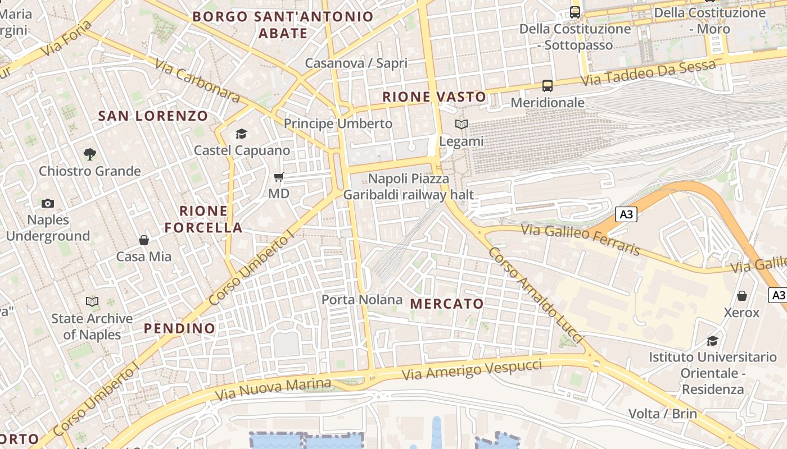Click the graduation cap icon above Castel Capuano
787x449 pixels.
click(x=241, y=134)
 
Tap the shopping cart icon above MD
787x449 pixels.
click(x=278, y=177)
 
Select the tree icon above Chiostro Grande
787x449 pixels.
click(x=89, y=154)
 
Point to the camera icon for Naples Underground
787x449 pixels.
click(x=48, y=203)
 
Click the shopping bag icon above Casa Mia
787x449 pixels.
click(x=144, y=240)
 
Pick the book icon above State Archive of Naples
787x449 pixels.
click(x=92, y=302)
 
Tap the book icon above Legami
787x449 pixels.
click(x=461, y=124)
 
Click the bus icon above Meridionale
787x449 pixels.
click(x=548, y=86)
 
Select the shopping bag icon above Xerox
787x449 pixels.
click(x=741, y=296)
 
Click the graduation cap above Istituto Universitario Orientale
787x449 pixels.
click(x=712, y=341)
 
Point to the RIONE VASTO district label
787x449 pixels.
click(x=434, y=97)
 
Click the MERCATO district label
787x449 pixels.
click(x=447, y=304)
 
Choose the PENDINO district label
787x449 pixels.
click(x=179, y=328)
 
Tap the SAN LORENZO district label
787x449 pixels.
click(x=153, y=116)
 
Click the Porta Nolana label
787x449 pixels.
click(x=362, y=300)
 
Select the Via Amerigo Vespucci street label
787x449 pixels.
click(x=472, y=370)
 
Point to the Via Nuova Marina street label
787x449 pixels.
click(x=273, y=389)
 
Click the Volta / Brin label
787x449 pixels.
click(x=662, y=414)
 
